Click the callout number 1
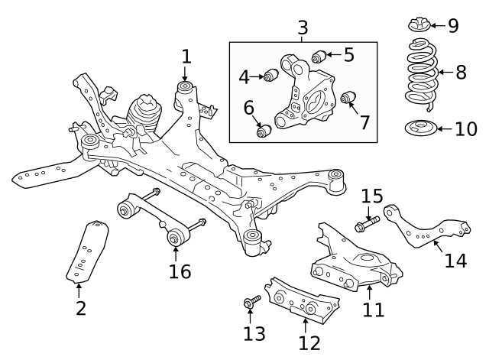[x=186, y=56]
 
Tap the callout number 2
[x=80, y=308]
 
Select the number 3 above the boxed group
[x=303, y=28]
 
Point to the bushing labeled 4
[x=268, y=76]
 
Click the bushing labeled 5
[x=320, y=54]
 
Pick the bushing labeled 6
[x=264, y=132]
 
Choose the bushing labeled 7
[x=348, y=97]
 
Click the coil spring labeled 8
[x=419, y=75]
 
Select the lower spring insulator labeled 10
[x=419, y=128]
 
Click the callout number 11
[x=374, y=310]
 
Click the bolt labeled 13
[x=249, y=305]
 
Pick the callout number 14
[x=455, y=261]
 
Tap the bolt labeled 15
[x=364, y=225]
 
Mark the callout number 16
[x=180, y=271]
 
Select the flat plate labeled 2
[x=88, y=252]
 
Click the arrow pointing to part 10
[x=444, y=128]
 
